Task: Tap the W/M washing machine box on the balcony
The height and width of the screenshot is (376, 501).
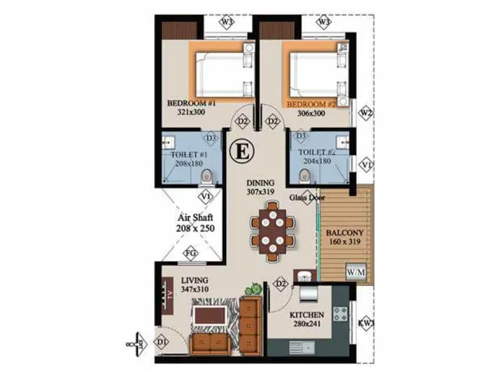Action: point(356,273)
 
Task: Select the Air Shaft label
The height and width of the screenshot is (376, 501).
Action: point(196,223)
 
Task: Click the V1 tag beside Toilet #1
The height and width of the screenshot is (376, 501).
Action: point(205,196)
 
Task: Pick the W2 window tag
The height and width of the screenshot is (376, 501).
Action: point(366,113)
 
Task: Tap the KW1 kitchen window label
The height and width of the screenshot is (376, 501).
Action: point(366,324)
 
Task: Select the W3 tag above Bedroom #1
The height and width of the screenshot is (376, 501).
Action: point(227,23)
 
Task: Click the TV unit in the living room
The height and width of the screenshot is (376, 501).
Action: point(168,295)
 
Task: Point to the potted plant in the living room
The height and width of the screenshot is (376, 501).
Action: point(254,290)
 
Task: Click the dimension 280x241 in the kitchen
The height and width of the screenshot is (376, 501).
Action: point(307,325)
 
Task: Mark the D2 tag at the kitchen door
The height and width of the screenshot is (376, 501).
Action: point(281,284)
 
